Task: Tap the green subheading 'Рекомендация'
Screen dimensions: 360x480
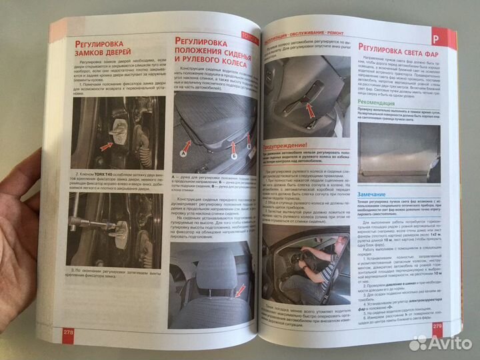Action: pyautogui.click(x=385, y=104)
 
